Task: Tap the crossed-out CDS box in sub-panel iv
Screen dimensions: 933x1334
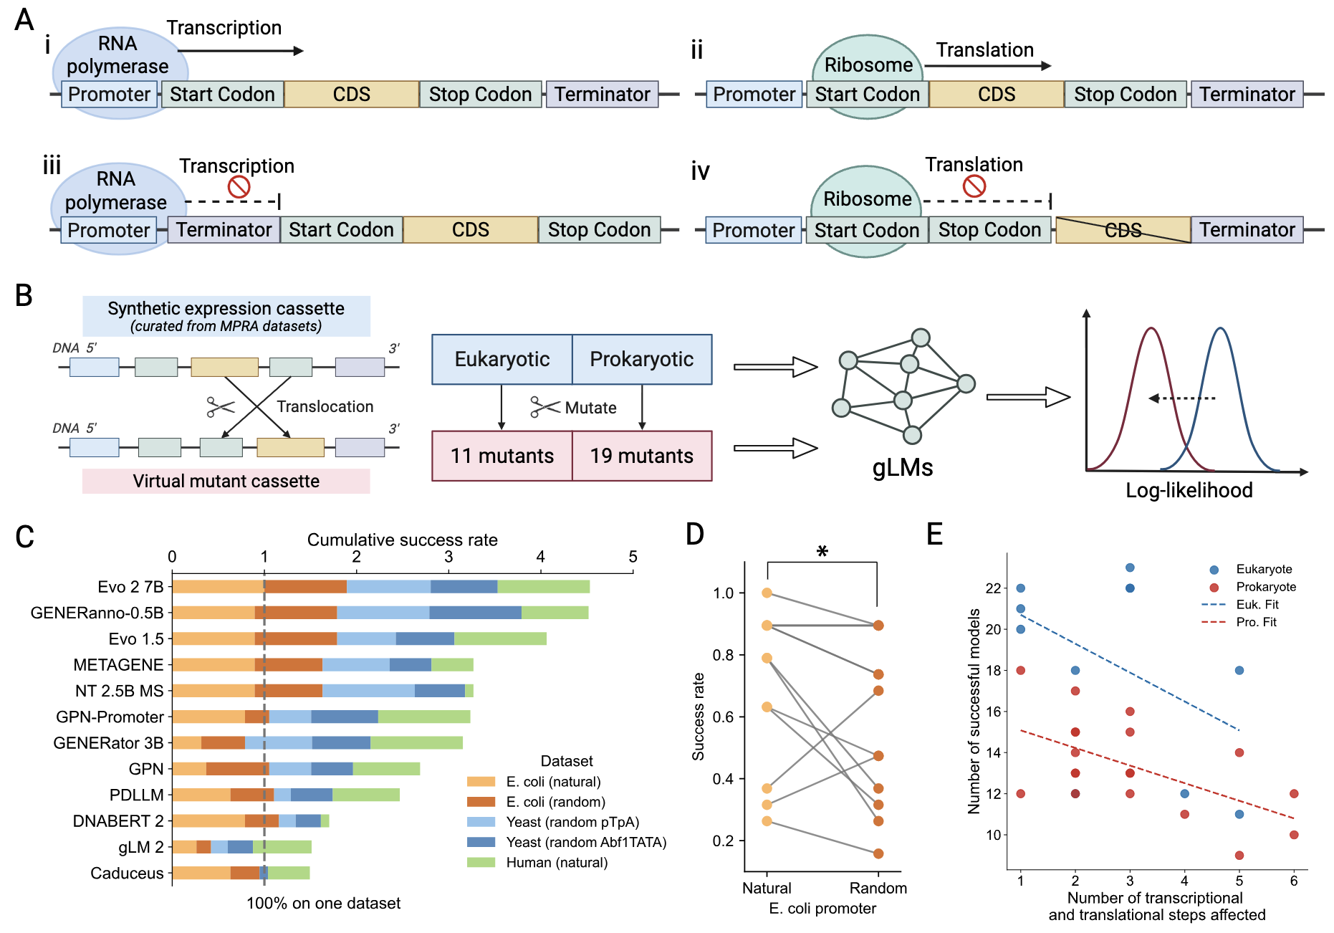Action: coord(1123,230)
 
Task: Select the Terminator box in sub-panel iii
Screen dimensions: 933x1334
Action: coord(224,230)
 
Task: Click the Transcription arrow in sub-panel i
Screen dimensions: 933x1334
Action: coord(240,51)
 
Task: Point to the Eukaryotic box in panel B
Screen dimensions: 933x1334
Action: coord(502,359)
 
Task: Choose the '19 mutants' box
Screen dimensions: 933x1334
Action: coord(641,456)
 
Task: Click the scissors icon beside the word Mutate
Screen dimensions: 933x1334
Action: coord(544,407)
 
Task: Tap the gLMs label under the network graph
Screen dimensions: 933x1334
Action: coord(902,468)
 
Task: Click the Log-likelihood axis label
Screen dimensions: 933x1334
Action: coord(1189,490)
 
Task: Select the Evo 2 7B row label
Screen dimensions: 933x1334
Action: coord(130,587)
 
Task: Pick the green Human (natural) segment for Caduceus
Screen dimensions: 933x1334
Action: coord(289,873)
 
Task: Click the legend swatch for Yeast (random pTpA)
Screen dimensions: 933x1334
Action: coord(481,822)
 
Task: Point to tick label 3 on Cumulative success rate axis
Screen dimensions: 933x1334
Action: coord(448,557)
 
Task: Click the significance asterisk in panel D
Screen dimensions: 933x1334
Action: coord(822,552)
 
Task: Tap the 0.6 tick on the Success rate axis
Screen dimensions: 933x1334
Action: coord(723,717)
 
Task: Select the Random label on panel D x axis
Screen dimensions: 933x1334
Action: coord(878,889)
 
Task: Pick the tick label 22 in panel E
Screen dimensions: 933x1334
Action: coord(993,588)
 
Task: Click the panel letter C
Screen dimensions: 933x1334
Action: coord(24,537)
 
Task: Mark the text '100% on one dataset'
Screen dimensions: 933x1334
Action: coord(323,903)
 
